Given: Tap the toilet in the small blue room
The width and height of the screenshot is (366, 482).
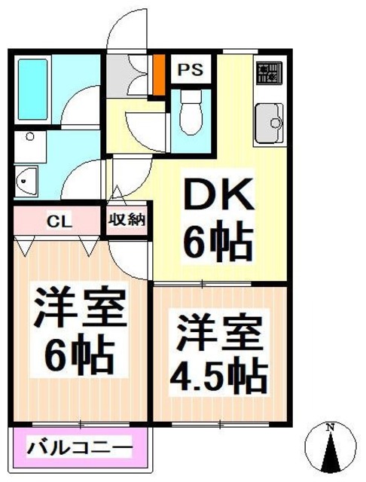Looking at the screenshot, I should (x=191, y=114).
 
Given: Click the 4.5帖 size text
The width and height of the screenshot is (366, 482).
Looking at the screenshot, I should (x=220, y=372).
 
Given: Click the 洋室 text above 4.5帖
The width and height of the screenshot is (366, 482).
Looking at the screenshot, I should (x=220, y=331).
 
